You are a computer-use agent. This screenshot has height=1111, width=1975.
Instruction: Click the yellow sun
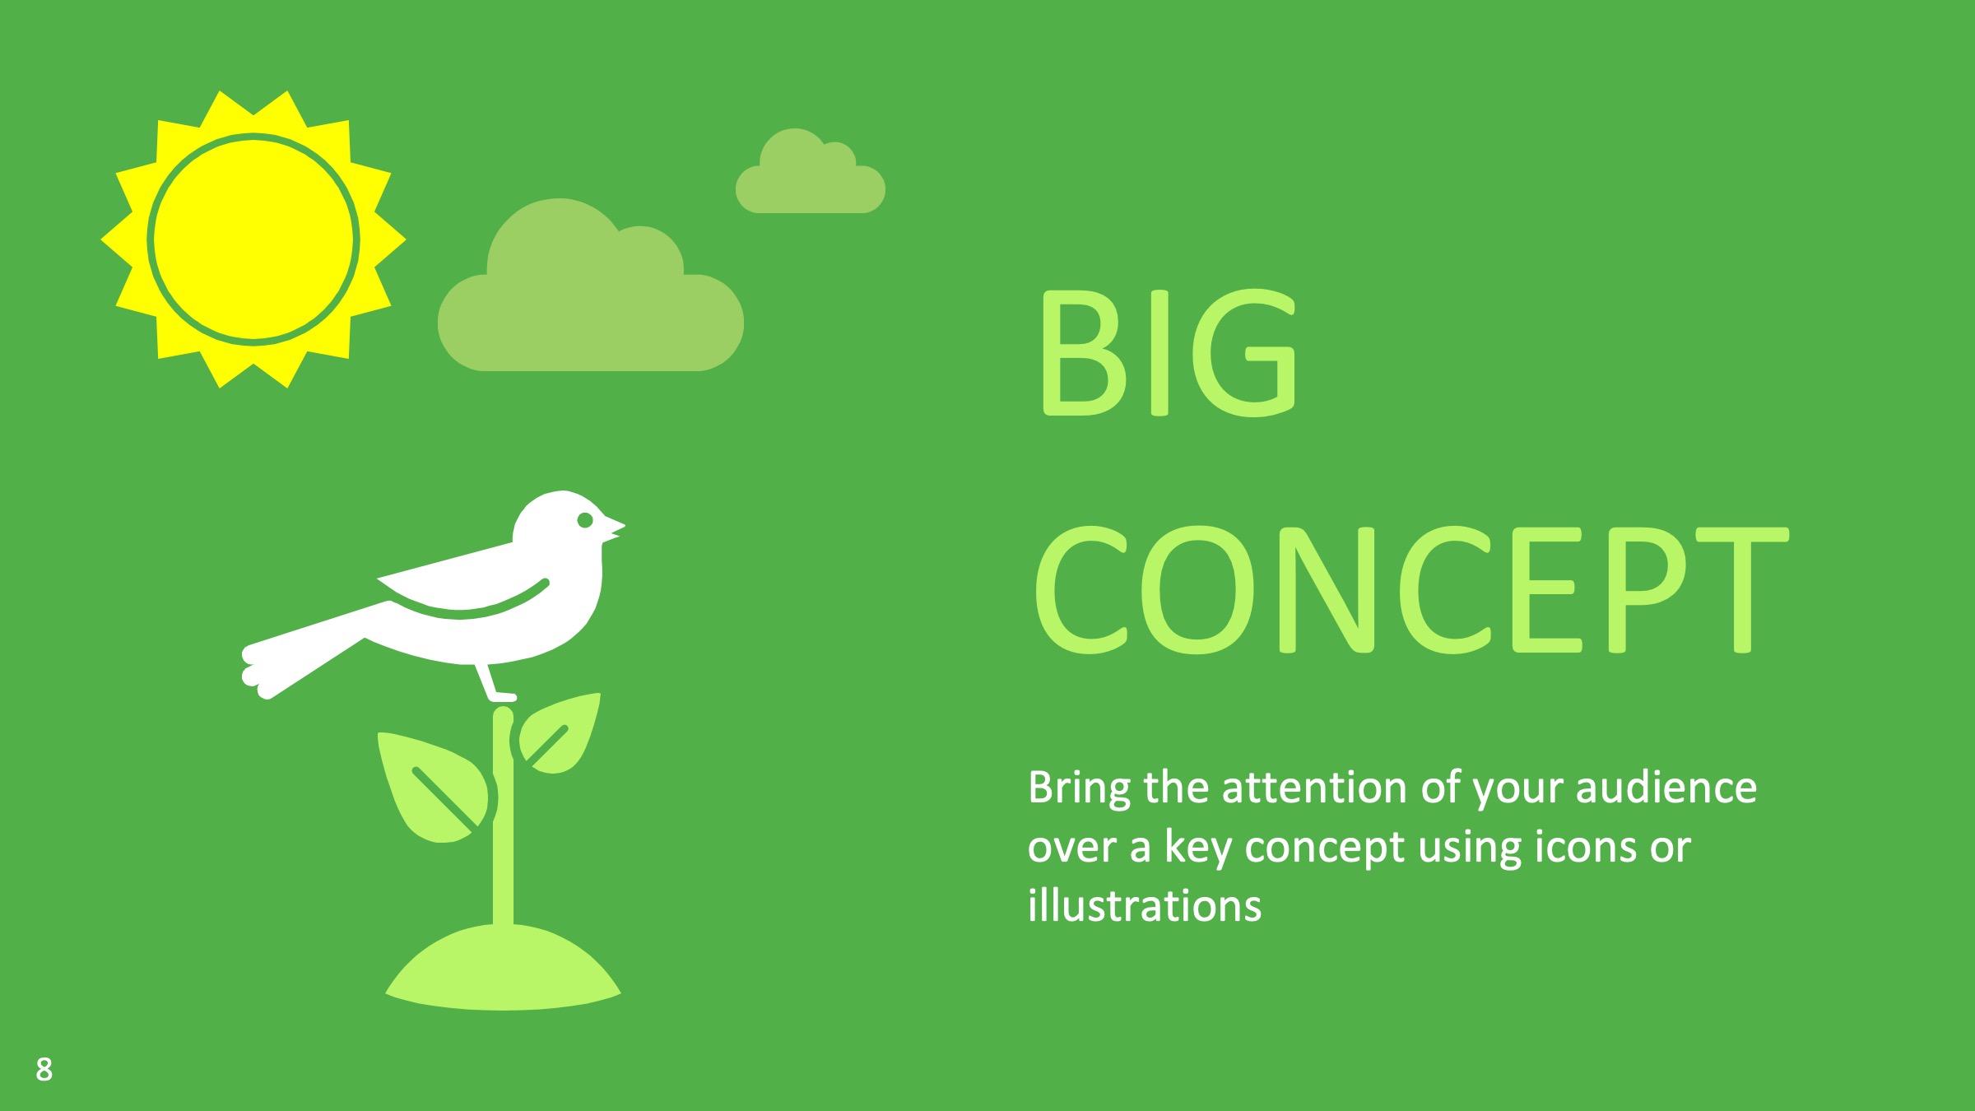(253, 239)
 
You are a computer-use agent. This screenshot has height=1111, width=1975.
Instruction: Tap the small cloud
(811, 173)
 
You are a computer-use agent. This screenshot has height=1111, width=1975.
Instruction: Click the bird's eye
(585, 519)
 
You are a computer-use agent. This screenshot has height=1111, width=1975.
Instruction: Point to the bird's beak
(614, 528)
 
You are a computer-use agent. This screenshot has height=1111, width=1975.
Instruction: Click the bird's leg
(494, 682)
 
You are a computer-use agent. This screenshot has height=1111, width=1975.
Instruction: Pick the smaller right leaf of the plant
(559, 734)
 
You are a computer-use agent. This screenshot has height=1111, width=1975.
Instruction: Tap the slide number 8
(44, 1069)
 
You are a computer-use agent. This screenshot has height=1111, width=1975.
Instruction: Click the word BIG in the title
(1168, 353)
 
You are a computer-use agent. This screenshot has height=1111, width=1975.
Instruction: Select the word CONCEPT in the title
(1411, 590)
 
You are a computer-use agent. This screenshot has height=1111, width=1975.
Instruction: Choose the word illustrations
(1145, 905)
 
